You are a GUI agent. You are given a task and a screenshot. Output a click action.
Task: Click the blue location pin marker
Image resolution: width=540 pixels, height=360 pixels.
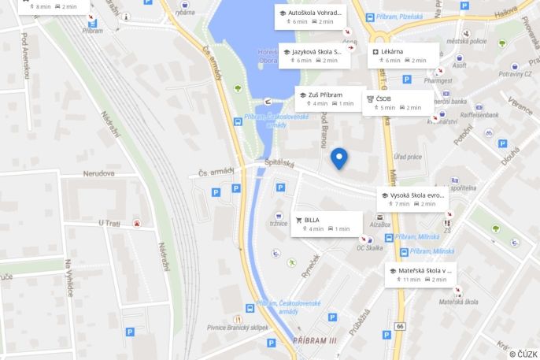coord(339,158)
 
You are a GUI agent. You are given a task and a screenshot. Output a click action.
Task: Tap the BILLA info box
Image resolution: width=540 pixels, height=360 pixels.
coord(327,224)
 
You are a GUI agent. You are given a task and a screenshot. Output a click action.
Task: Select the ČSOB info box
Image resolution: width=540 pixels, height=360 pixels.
coord(398,102)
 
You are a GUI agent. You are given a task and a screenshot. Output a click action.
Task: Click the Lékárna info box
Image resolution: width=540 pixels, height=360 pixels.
coord(404,55)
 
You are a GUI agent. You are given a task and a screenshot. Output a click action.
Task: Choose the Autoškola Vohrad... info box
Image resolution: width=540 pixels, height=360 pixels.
coord(311,17)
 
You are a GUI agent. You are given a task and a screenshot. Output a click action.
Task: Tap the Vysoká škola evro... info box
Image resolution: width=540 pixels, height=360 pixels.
coord(413,199)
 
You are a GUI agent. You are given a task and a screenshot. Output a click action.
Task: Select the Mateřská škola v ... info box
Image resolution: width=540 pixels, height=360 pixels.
coord(420,274)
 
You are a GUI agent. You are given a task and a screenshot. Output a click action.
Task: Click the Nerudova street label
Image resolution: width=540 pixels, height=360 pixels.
coord(98,173)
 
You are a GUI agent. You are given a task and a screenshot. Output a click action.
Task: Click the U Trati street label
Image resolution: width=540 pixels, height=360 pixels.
coord(109,223)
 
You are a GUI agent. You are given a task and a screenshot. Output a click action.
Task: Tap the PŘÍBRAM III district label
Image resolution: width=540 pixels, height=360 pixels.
coord(314,340)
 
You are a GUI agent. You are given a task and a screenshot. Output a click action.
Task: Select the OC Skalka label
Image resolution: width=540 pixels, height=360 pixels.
coord(369,247)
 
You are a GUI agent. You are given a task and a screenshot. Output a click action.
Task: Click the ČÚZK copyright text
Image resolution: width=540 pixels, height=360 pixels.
coord(523,354)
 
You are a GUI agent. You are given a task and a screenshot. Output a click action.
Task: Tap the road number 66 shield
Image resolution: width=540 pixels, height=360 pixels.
coord(400,326)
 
